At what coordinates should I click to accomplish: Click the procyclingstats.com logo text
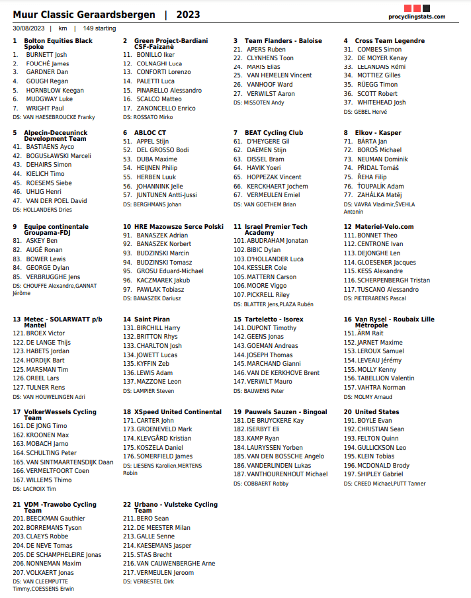[417, 17]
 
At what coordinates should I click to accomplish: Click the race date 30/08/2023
[28, 28]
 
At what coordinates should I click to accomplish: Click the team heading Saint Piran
[151, 319]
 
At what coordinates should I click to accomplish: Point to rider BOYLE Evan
[374, 420]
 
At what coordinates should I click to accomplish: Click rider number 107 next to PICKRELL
[239, 295]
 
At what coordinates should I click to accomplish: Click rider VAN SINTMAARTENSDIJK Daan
[69, 462]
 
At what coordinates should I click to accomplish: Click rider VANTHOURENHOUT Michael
[286, 474]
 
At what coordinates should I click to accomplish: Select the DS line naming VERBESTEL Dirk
[149, 581]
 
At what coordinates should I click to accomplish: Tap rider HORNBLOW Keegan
[55, 90]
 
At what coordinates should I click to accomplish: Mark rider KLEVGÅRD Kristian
[163, 439]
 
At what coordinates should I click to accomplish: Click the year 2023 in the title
[188, 15]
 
